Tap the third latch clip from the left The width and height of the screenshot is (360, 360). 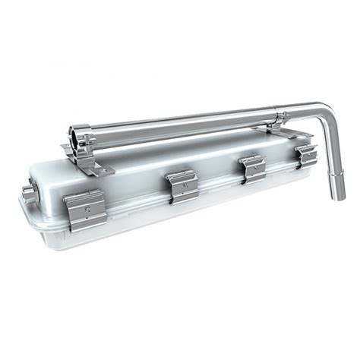(x=251, y=167)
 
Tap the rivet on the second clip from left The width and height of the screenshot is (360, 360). (x=183, y=182)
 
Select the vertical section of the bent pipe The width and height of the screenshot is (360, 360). (x=333, y=148)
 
